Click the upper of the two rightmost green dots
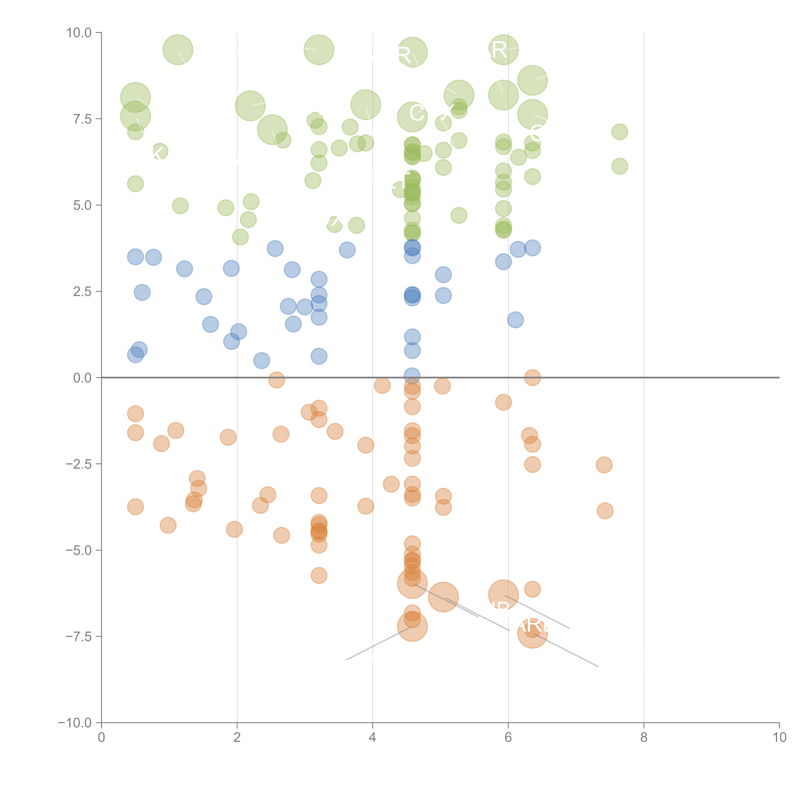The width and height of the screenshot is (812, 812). click(x=620, y=132)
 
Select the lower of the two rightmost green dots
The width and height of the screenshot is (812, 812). click(x=620, y=166)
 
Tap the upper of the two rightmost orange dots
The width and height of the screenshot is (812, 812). click(x=604, y=464)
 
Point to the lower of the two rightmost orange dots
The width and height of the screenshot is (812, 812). click(x=605, y=511)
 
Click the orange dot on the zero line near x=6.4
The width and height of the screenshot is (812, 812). click(x=532, y=377)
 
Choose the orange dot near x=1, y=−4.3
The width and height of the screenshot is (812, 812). click(x=168, y=525)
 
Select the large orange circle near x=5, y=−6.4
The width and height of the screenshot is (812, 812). click(x=443, y=597)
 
